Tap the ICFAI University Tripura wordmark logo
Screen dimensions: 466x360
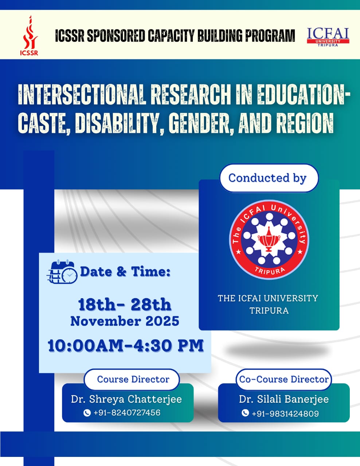[x=328, y=37]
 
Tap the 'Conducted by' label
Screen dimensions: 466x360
[x=268, y=178]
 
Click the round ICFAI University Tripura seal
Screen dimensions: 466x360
[x=269, y=240]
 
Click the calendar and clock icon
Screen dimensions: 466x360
[x=62, y=272]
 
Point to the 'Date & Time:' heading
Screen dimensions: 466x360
[x=125, y=272]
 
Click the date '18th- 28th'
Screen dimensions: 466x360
[x=125, y=304]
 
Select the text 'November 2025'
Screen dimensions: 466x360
[x=125, y=321]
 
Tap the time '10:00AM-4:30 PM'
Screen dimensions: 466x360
[x=125, y=345]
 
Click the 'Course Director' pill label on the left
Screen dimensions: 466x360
[x=133, y=379]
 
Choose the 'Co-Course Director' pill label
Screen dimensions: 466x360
[x=283, y=379]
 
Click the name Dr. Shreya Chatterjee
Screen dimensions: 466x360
[x=126, y=399]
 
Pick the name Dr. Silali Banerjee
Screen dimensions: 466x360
[x=283, y=399]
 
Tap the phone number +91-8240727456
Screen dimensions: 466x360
[x=127, y=412]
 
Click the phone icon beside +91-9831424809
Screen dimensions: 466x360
[x=245, y=413]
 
